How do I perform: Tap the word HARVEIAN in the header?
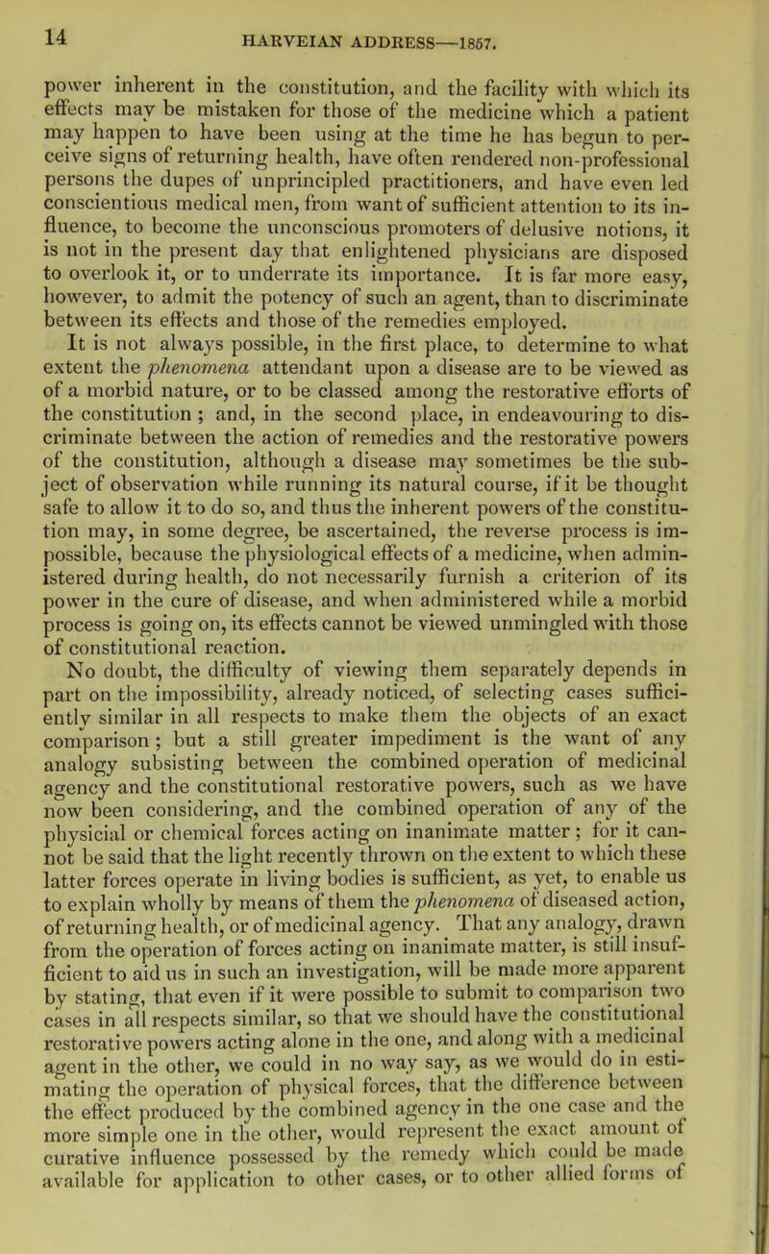[256, 17]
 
